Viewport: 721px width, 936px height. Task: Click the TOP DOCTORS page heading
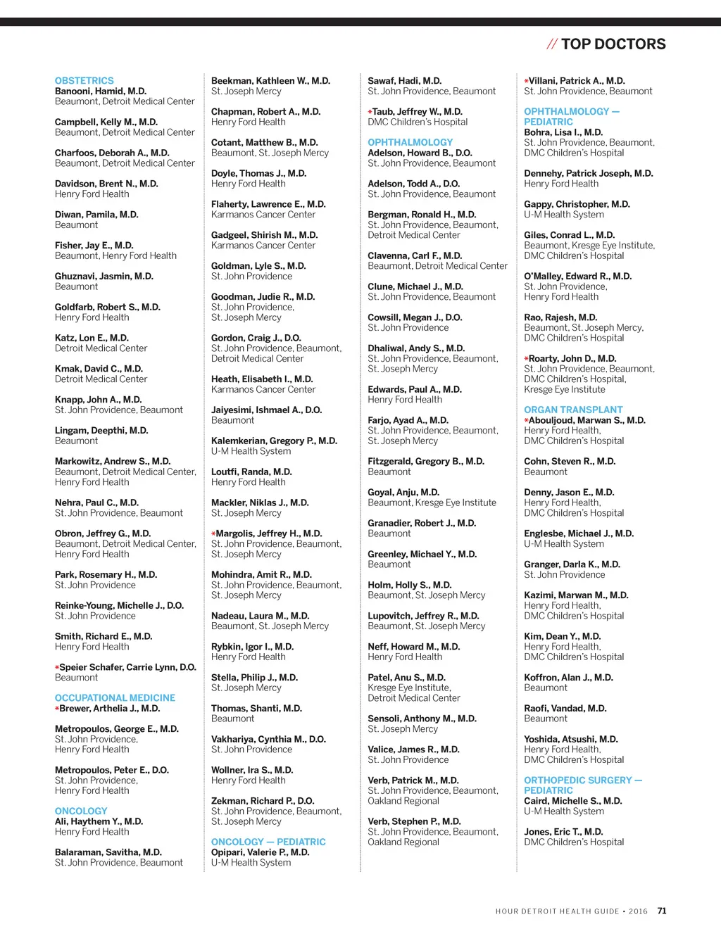(613, 44)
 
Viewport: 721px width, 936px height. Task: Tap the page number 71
(662, 911)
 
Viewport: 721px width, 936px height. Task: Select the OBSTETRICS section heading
(84, 81)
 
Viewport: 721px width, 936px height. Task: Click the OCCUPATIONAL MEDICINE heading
(115, 698)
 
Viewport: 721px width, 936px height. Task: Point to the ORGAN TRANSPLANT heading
(573, 410)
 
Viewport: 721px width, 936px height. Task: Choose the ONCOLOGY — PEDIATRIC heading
(268, 842)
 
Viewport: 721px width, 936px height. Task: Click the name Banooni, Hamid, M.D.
(101, 91)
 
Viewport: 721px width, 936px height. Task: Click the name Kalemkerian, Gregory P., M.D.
(274, 441)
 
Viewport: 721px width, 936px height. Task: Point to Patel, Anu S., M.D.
(406, 678)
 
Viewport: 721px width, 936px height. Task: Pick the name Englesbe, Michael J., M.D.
(579, 533)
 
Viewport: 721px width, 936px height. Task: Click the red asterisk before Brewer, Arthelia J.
(57, 709)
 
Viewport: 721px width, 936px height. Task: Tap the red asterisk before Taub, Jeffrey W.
(370, 112)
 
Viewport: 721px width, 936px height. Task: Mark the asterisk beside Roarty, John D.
(526, 359)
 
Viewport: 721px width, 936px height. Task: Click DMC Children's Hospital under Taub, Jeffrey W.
(418, 122)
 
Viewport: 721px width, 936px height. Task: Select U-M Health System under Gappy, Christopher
(563, 215)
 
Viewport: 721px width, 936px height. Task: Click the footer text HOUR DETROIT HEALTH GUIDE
(557, 911)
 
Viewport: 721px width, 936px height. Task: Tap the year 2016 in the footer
(638, 911)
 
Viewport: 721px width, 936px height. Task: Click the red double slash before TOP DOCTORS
(552, 44)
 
